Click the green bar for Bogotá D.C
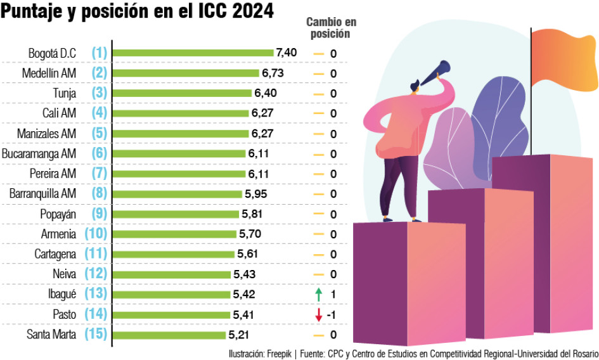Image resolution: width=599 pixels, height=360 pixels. [x=193, y=53]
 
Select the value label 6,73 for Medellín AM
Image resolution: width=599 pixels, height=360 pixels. [x=273, y=74]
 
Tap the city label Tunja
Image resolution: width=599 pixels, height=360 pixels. [x=65, y=94]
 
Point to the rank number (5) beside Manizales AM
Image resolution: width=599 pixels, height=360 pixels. [x=99, y=134]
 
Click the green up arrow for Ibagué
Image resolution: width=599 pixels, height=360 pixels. [x=318, y=294]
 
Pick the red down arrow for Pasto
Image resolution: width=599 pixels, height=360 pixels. [x=318, y=314]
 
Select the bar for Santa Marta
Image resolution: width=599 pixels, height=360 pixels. [x=169, y=335]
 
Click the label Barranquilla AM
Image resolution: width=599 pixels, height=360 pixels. [x=43, y=194]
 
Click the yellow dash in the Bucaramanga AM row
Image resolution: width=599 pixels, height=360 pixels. [x=318, y=154]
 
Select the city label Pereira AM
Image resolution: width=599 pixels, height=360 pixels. [x=53, y=174]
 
